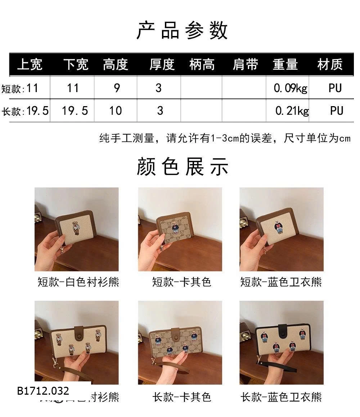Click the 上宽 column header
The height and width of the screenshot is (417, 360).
(x=30, y=65)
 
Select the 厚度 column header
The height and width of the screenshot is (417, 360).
(x=162, y=65)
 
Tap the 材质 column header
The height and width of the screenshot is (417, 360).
(x=330, y=65)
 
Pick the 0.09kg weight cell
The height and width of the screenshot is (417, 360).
(x=290, y=88)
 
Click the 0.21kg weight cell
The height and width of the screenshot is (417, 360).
(x=292, y=111)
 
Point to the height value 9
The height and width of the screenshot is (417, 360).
(x=117, y=88)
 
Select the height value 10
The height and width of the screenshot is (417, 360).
(x=116, y=111)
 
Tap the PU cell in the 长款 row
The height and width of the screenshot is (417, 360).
(x=336, y=111)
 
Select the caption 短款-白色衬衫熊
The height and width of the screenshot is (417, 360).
(x=78, y=282)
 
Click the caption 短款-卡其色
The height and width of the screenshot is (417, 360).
(x=181, y=282)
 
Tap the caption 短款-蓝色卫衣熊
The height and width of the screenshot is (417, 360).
(x=281, y=282)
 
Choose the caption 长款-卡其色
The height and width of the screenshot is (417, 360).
(x=181, y=397)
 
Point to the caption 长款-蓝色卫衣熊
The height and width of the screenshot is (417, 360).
(x=281, y=397)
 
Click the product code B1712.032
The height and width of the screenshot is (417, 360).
(x=43, y=391)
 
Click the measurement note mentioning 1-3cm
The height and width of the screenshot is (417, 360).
(x=225, y=138)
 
